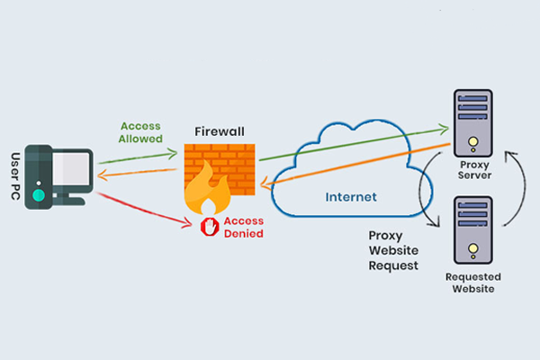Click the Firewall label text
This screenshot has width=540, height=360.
pos(220,131)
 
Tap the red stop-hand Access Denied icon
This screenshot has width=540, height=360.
pos(210,227)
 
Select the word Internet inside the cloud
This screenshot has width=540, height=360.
pos(351,197)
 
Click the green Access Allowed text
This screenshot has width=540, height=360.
pos(140,132)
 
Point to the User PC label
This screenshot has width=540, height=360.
pos(15,176)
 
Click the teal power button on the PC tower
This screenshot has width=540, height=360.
pos(39,195)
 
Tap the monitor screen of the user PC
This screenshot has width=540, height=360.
pos(70,168)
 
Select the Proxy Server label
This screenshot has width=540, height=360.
pos(474,170)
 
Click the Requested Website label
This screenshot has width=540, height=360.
pos(473,283)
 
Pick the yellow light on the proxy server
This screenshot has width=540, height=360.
pos(473,141)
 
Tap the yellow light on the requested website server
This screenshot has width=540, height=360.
pos(473,248)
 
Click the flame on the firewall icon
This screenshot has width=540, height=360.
pos(207,189)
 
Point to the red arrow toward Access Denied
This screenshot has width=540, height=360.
pos(145,210)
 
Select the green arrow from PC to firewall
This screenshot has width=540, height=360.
pos(138,157)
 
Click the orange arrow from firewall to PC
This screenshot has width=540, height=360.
pos(137,174)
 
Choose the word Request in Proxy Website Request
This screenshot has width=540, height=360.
pos(393,265)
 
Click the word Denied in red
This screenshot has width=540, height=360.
pos(244,234)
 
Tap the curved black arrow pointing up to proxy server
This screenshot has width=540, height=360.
pos(516,188)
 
